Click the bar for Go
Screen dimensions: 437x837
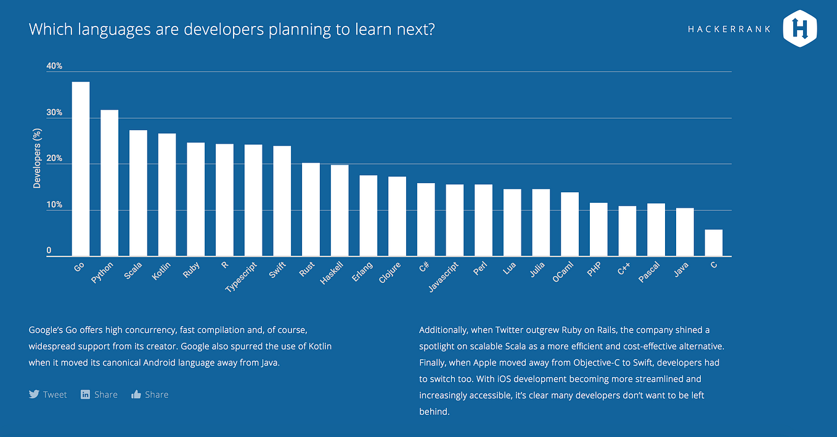coord(81,169)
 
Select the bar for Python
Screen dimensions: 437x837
coord(109,183)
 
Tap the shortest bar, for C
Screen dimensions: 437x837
coord(714,243)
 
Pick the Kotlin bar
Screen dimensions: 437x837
coord(167,195)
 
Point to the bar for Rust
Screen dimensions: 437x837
coord(311,210)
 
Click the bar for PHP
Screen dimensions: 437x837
coord(598,229)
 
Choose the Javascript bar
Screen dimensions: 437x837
coord(454,220)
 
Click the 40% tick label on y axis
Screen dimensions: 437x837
coord(54,66)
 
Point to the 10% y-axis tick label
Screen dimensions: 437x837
coord(54,205)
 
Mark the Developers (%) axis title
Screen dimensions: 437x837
coord(37,158)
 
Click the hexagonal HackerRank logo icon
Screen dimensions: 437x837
coord(799,28)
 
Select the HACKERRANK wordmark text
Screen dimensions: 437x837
coord(729,29)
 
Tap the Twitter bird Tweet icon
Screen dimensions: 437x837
coord(34,394)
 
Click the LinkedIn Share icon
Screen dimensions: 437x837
coord(86,394)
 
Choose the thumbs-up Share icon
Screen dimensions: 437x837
coord(136,394)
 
